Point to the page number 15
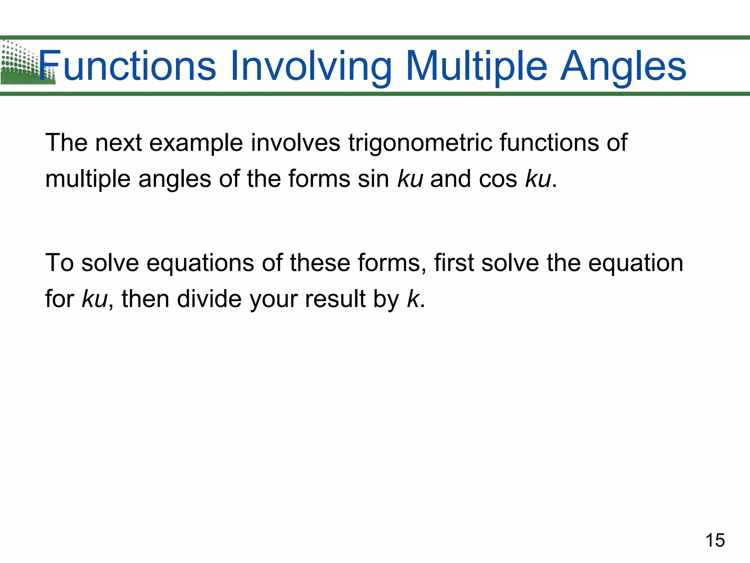715,540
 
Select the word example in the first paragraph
196,143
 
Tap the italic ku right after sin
410,179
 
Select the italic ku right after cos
538,179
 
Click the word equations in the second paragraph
200,264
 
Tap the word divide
209,298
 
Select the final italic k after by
412,298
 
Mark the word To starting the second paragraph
59,263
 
